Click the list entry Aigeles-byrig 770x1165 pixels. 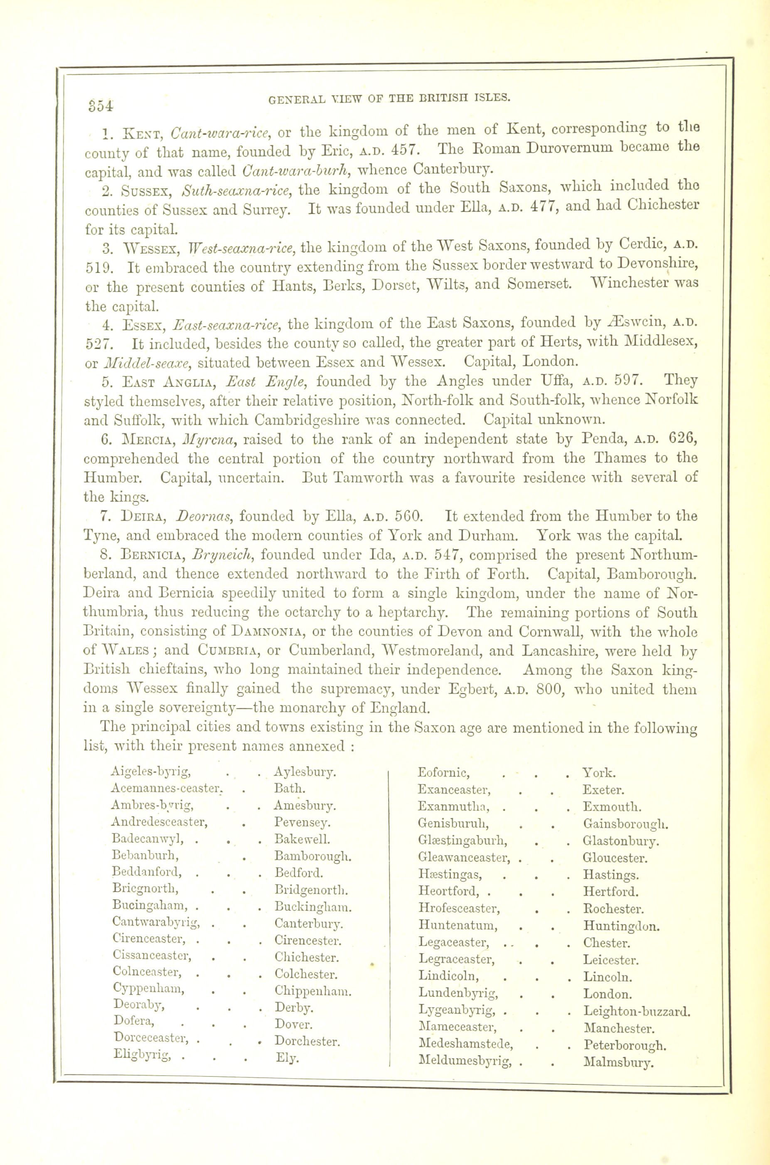151,772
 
